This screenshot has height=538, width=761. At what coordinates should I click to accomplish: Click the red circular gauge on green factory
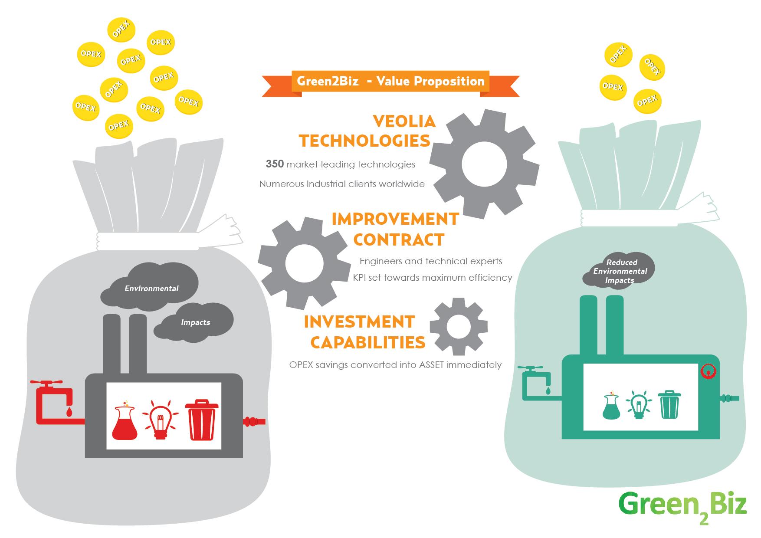click(x=708, y=372)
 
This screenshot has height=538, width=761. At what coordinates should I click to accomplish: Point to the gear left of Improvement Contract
click(x=304, y=263)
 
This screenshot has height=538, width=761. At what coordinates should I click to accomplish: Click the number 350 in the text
click(x=275, y=164)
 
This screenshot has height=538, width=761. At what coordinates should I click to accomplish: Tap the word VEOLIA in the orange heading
click(x=404, y=121)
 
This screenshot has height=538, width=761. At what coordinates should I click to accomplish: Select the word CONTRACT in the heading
click(x=401, y=239)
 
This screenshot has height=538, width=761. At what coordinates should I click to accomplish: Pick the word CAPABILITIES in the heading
click(x=367, y=342)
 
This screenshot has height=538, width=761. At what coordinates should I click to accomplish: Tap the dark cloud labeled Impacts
click(x=195, y=321)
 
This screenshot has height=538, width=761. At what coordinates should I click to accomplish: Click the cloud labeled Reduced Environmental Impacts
click(x=620, y=271)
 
